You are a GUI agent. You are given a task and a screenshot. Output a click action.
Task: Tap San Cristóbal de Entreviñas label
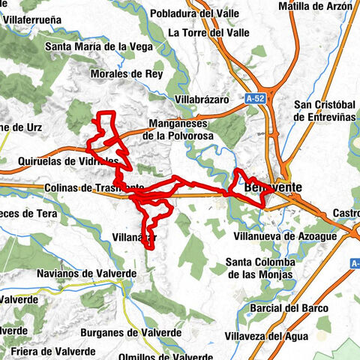point(327,111)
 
